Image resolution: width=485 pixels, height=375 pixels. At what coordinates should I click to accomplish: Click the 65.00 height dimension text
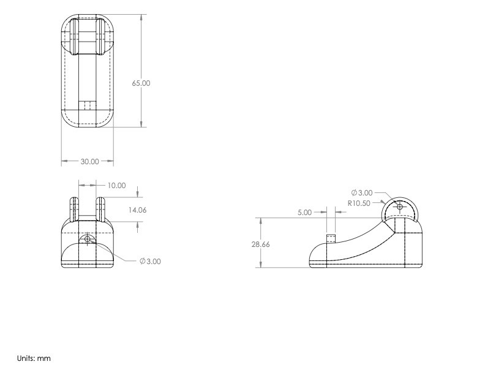coord(141,83)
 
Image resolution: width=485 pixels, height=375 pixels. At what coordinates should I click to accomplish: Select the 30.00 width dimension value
coord(89,162)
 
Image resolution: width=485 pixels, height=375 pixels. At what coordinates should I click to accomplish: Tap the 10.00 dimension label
coord(116,185)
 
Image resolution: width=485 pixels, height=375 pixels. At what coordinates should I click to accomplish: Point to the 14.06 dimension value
coord(137,210)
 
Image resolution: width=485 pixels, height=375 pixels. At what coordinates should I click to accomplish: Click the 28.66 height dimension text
coord(261,243)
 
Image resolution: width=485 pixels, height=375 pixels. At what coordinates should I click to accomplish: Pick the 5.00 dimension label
coord(304,212)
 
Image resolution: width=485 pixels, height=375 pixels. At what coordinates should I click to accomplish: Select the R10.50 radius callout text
coord(358,203)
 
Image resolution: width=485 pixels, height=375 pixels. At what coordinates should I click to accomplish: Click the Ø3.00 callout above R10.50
coord(362,192)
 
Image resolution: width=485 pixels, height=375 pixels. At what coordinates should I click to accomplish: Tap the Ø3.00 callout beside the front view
coord(150,261)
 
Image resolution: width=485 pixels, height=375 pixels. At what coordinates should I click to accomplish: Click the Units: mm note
coord(34,357)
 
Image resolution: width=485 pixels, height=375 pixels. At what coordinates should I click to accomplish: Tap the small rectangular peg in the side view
coord(331,238)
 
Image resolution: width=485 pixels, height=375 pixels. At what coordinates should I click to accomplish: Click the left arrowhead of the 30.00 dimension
coord(64,162)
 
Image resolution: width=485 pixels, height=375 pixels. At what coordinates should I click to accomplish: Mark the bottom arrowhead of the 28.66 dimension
coord(261,265)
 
